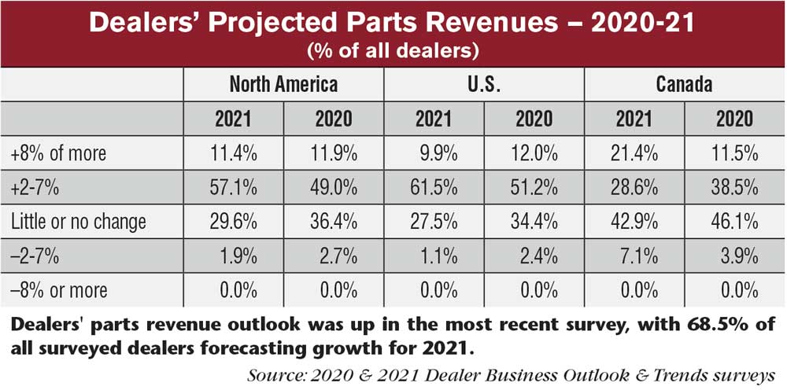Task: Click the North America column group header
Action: click(x=283, y=84)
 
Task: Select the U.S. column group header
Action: click(x=484, y=84)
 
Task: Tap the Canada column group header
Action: click(x=684, y=84)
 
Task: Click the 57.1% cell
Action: click(x=233, y=188)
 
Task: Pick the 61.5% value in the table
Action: click(x=434, y=188)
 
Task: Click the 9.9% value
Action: click(x=434, y=154)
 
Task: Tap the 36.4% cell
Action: click(x=333, y=222)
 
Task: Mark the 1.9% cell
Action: click(x=233, y=256)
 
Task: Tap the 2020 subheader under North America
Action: click(x=333, y=120)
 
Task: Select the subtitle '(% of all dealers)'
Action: click(x=393, y=52)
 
